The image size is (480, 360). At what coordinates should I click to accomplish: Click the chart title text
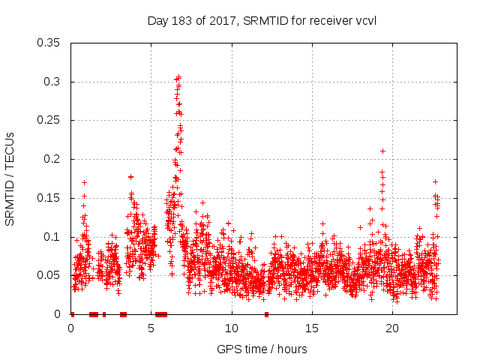click(262, 20)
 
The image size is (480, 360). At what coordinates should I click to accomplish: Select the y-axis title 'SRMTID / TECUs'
click(10, 178)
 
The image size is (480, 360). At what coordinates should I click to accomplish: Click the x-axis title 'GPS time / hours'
click(262, 349)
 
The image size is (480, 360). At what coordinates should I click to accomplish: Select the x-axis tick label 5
click(151, 328)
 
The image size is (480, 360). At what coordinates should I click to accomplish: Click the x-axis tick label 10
click(232, 328)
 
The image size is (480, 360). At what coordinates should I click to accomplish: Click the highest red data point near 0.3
click(178, 76)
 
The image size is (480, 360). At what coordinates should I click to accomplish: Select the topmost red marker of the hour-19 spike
click(382, 151)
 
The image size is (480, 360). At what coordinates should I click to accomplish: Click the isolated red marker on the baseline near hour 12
click(266, 314)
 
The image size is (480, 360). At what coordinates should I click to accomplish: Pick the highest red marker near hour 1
click(84, 182)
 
